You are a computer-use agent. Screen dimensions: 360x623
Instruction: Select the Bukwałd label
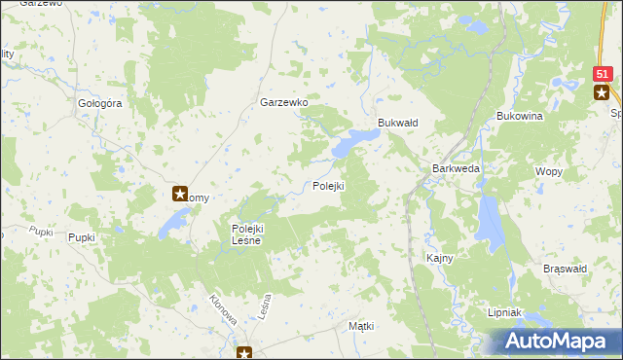tap(397, 123)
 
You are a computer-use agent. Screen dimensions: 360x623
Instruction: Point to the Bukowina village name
tap(519, 116)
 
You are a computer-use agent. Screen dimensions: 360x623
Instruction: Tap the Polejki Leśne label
tap(246, 234)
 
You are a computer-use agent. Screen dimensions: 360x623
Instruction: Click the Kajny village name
tap(440, 258)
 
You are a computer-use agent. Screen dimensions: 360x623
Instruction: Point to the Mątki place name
tap(360, 327)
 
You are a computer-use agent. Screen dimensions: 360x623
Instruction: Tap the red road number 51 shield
tap(603, 74)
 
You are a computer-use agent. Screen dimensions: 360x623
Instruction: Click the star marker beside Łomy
tap(181, 194)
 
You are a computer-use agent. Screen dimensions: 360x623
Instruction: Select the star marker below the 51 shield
tap(603, 92)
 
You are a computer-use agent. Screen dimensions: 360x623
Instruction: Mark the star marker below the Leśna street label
tap(246, 353)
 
